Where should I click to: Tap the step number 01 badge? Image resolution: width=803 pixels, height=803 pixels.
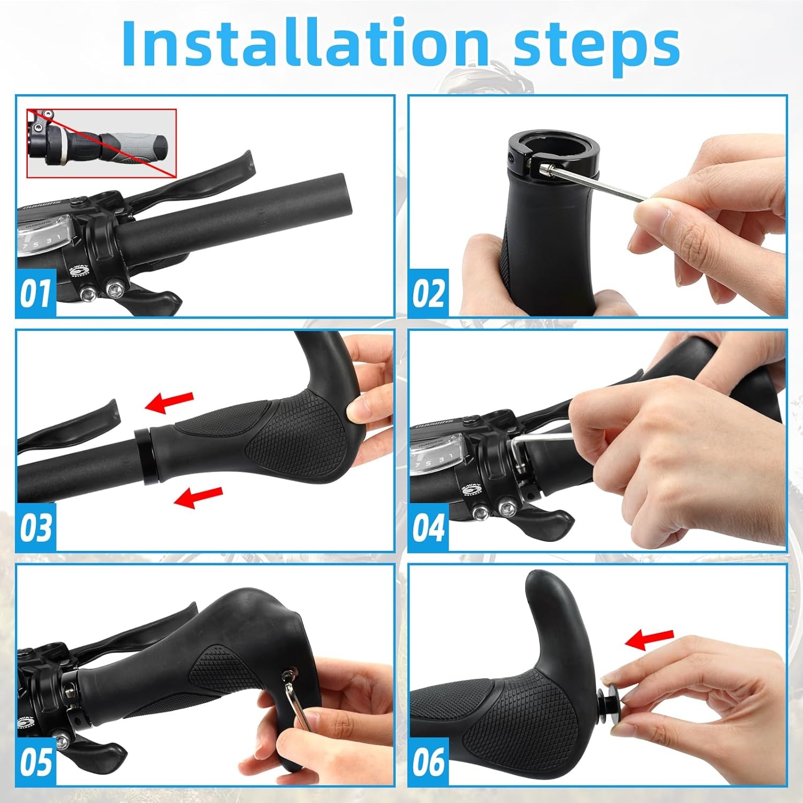(36, 293)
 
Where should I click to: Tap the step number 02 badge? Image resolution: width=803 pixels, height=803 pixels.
(428, 293)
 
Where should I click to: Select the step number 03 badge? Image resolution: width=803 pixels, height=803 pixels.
(36, 527)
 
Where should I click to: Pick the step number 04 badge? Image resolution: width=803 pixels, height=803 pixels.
(428, 527)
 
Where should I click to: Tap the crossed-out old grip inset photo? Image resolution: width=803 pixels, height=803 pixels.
(102, 143)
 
